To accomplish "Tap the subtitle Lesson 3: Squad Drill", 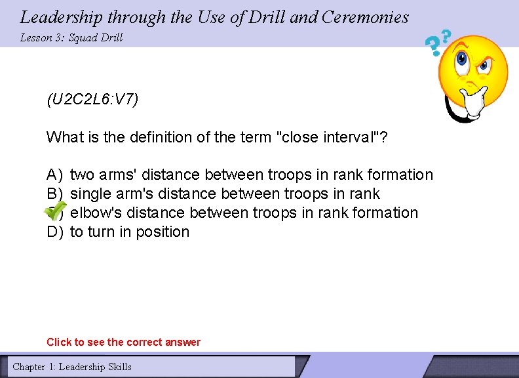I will click(x=71, y=37).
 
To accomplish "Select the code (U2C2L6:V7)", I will click(x=92, y=100).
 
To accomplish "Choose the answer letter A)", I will click(x=54, y=175).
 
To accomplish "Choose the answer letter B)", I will click(x=54, y=194).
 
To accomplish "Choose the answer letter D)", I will click(x=54, y=232).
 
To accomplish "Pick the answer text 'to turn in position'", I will click(x=130, y=232).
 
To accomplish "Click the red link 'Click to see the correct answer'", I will click(x=124, y=342).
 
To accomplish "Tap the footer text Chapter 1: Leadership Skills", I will click(x=72, y=367).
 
